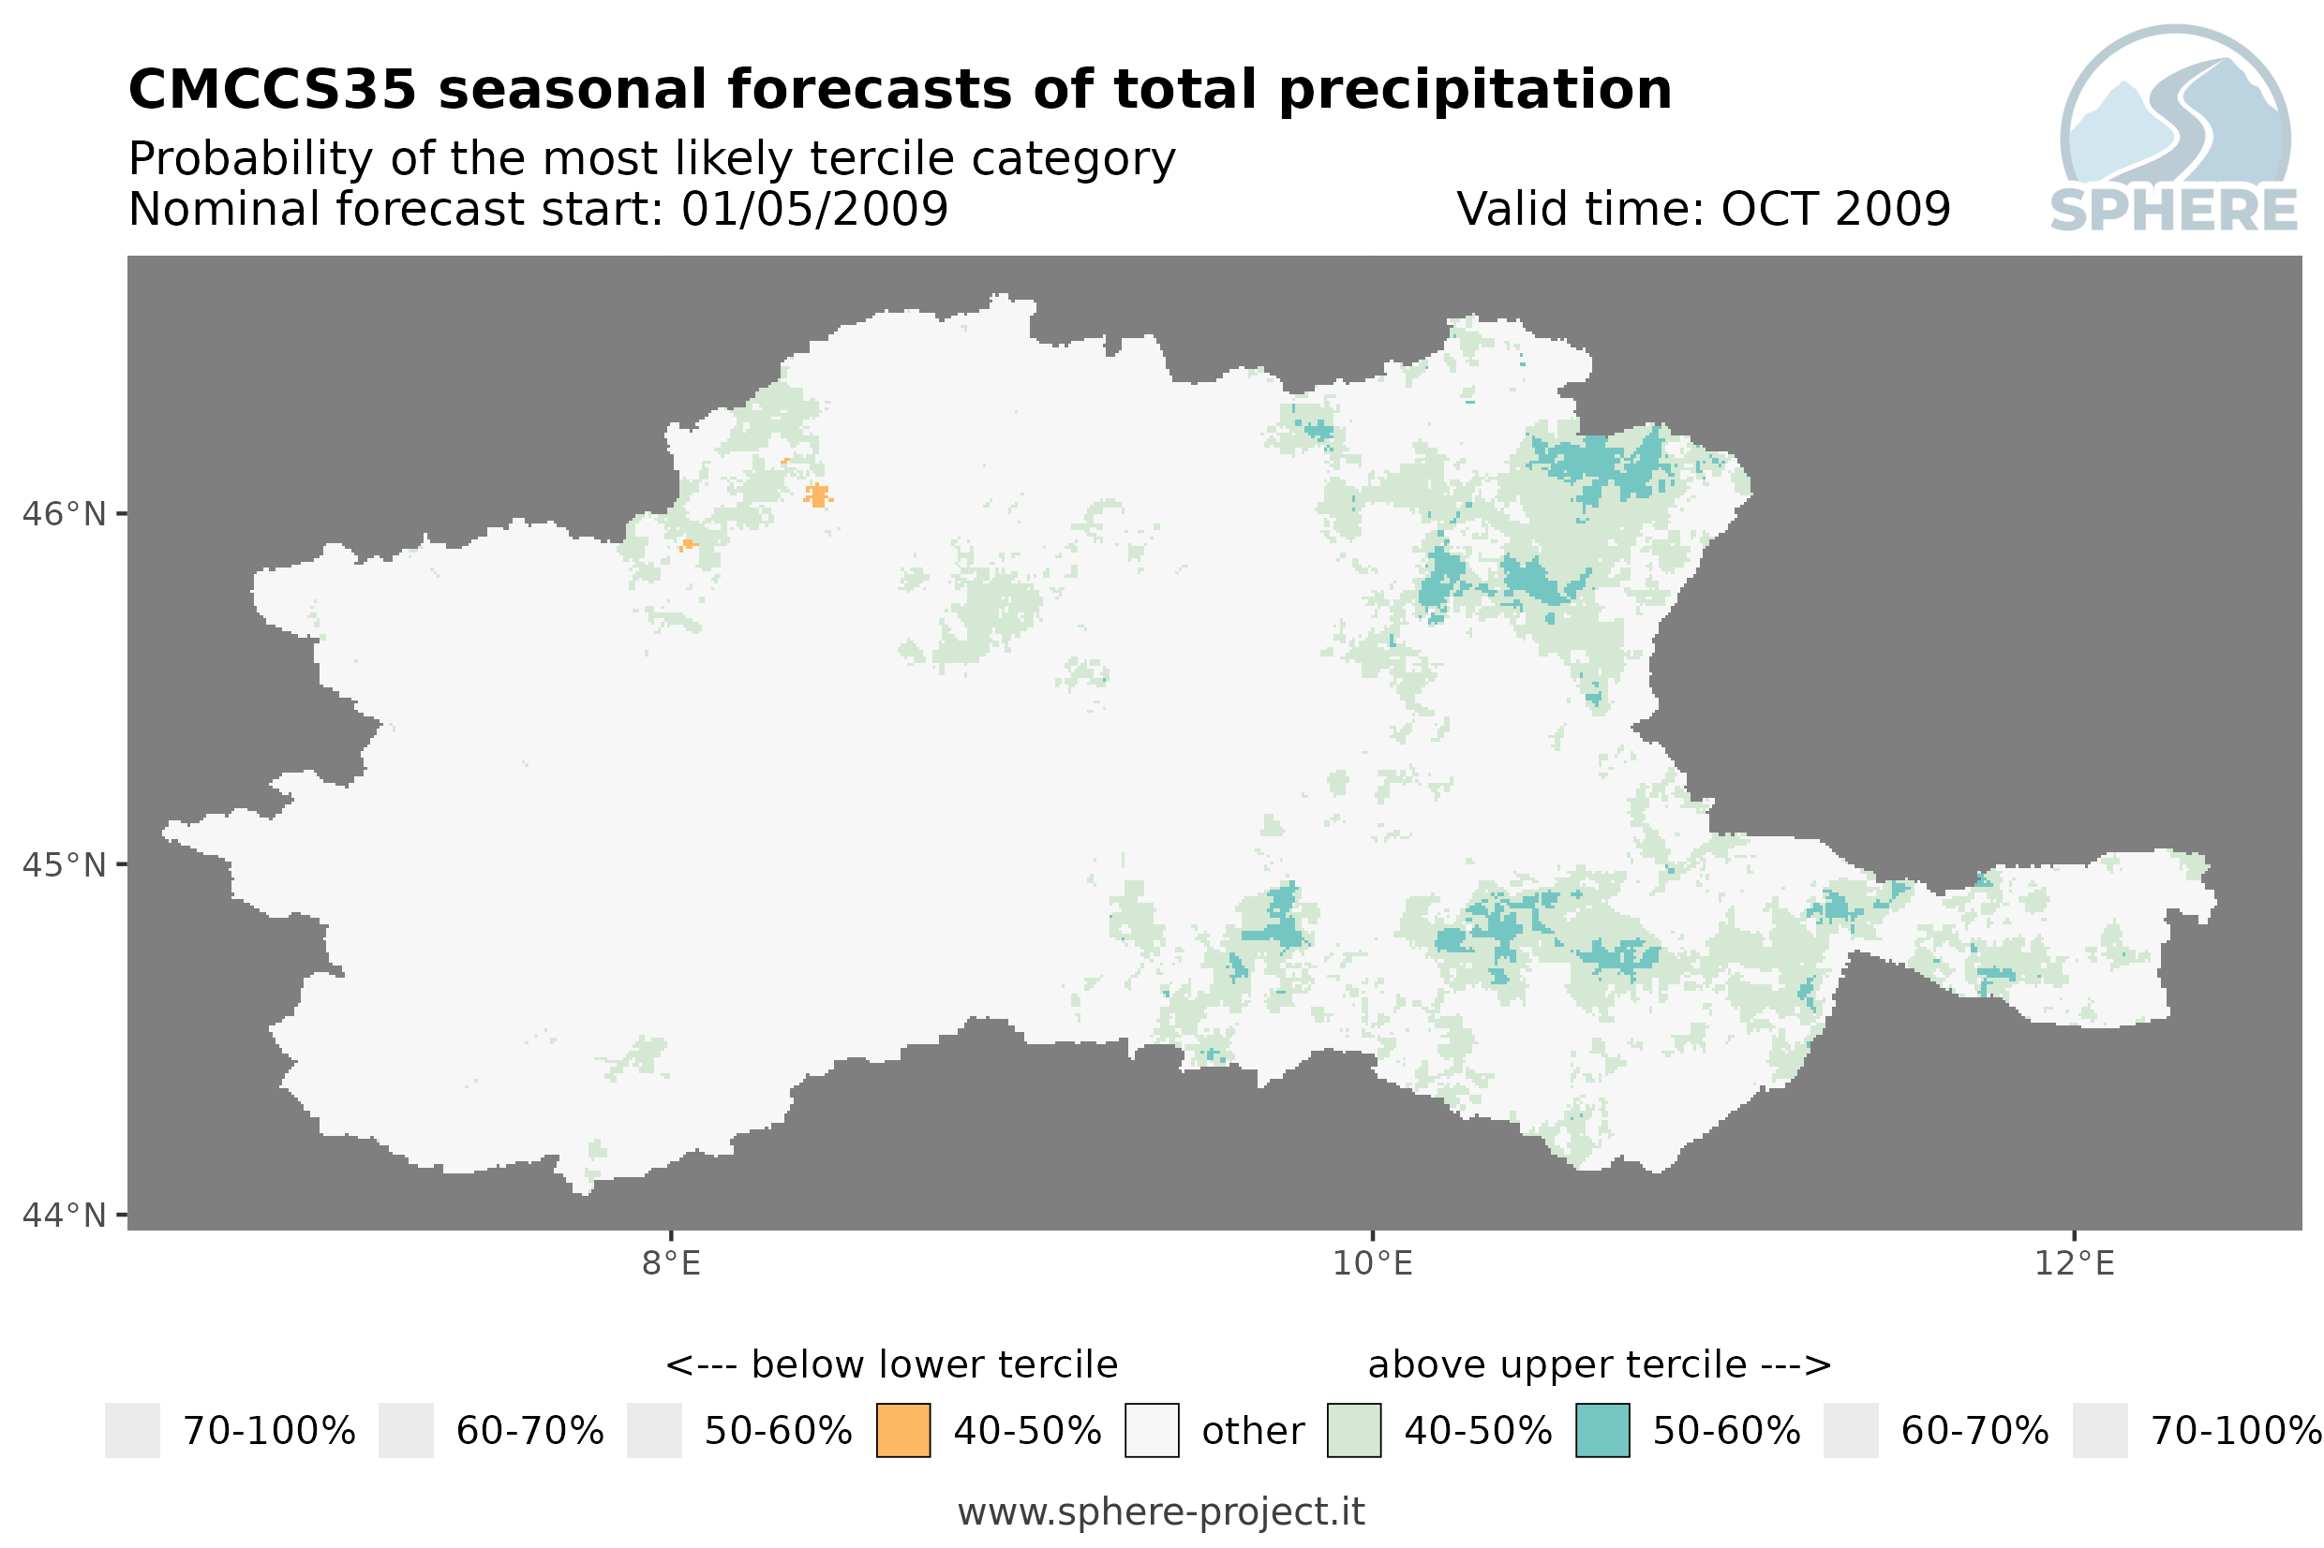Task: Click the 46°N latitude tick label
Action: coord(63,514)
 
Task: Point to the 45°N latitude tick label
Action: coord(63,864)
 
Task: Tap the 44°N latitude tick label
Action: coord(63,1216)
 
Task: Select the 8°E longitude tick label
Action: coord(672,1263)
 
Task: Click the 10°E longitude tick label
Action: coord(1373,1263)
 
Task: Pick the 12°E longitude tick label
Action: coord(2074,1263)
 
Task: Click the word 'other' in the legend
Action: coord(1252,1432)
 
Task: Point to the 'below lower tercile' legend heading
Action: coord(934,1365)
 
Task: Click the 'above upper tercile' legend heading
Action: coord(1557,1365)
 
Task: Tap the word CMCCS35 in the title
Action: coord(273,90)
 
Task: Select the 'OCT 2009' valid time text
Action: coord(1836,209)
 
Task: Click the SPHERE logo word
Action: coord(2174,211)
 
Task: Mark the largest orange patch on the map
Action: coord(818,494)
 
